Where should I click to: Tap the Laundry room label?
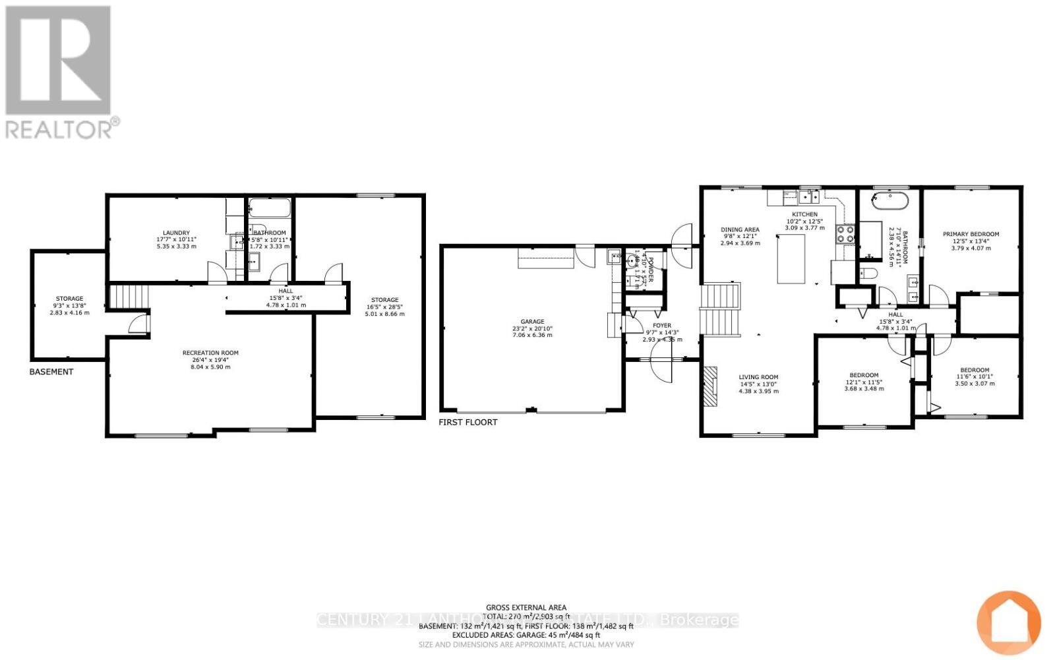(x=177, y=233)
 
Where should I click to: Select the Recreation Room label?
(x=210, y=353)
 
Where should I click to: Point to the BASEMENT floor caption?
(x=51, y=372)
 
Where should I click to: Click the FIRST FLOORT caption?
(x=468, y=422)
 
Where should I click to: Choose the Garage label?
(x=532, y=322)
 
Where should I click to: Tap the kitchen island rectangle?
(x=791, y=258)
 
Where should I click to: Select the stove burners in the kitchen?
(x=845, y=234)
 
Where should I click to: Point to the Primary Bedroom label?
(x=971, y=234)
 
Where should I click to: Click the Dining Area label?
(x=740, y=229)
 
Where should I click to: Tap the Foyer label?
(x=662, y=326)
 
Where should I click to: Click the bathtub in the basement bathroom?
(x=270, y=209)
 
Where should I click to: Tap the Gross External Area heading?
(x=526, y=608)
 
